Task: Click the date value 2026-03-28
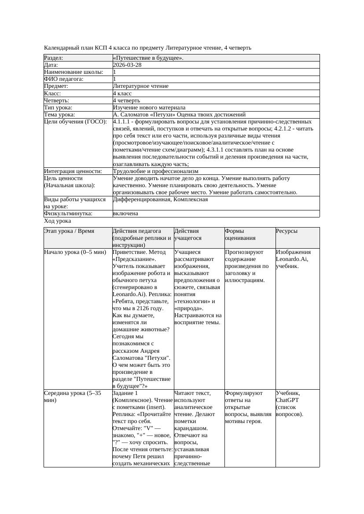(x=127, y=65)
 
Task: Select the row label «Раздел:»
(x=54, y=58)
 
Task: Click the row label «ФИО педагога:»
(x=64, y=79)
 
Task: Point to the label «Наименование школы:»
(x=74, y=72)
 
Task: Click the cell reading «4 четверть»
(x=126, y=101)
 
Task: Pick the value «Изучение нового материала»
(x=149, y=108)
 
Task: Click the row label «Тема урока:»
(x=59, y=115)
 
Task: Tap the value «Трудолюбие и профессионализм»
(x=155, y=171)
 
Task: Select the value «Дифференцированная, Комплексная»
(x=160, y=199)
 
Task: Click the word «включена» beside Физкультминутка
(x=125, y=214)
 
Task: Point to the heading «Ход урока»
(x=57, y=221)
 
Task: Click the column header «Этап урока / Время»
(x=69, y=231)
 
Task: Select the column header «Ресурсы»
(x=287, y=231)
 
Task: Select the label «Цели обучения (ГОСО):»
(x=75, y=122)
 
